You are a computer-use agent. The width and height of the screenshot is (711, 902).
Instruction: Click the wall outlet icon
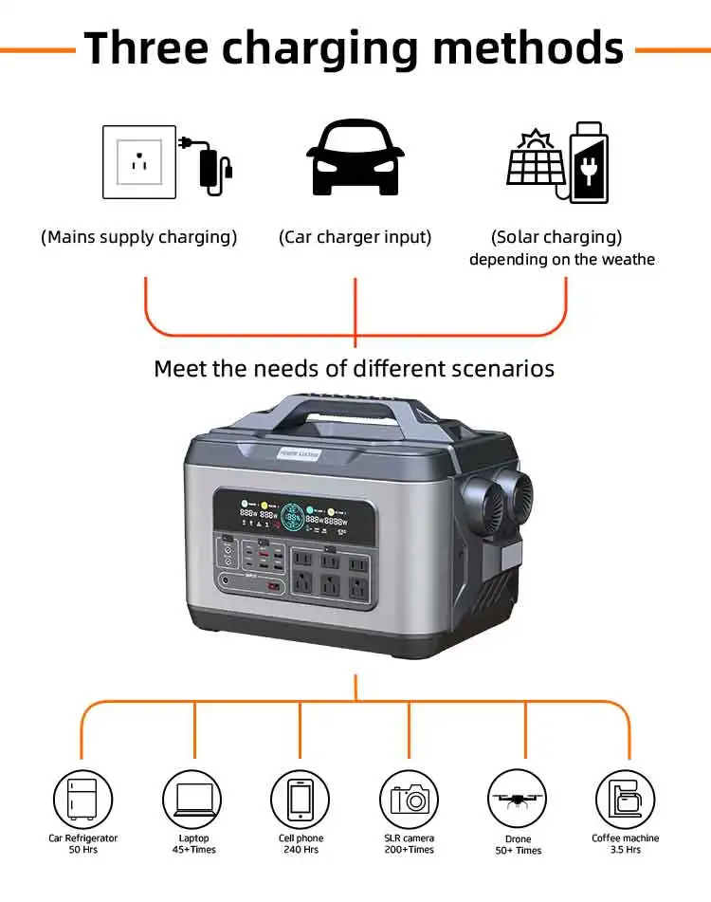(x=138, y=162)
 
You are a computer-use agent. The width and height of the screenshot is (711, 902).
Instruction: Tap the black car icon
(x=355, y=158)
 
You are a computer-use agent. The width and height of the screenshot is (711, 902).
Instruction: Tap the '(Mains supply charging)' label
(x=138, y=237)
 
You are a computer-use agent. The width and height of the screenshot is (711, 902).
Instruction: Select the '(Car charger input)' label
(x=355, y=237)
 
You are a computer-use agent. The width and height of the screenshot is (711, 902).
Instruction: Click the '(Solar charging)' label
(x=556, y=237)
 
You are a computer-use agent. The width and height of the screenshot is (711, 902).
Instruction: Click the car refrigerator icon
(x=82, y=798)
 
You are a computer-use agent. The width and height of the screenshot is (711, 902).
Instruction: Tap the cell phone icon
(x=301, y=798)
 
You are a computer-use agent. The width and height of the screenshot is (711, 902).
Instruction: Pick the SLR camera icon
(x=410, y=798)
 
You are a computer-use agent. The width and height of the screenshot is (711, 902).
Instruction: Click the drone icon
(x=518, y=798)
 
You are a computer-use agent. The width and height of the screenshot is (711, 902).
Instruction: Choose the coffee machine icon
(x=626, y=798)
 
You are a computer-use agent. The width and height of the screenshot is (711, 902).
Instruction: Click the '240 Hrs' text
(x=301, y=850)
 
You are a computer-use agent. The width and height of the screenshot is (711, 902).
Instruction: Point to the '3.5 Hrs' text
(x=626, y=850)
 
